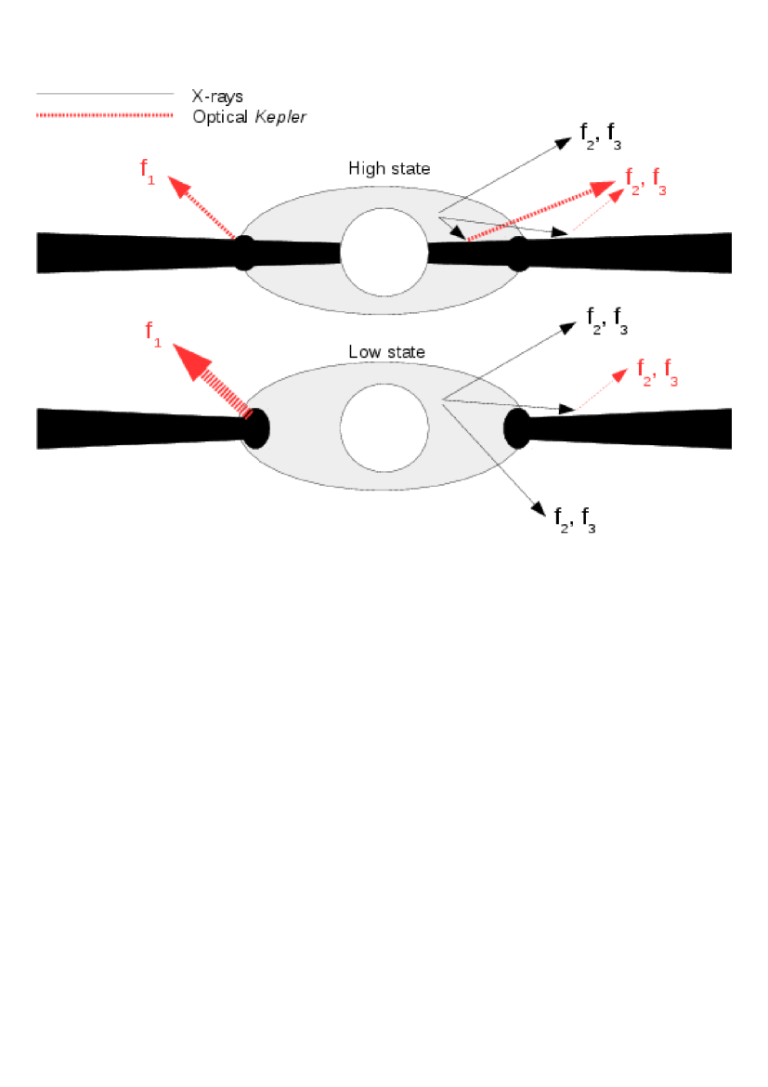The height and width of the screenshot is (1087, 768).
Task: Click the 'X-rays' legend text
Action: click(216, 95)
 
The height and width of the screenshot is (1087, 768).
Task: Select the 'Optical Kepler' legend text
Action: click(249, 116)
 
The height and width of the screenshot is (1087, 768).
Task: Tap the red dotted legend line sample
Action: click(104, 115)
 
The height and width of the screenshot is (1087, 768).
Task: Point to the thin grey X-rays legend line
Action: click(104, 94)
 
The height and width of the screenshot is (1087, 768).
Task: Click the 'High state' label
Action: click(389, 169)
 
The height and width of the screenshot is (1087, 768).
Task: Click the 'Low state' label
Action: click(386, 352)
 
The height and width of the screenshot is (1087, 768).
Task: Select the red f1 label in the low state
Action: click(153, 334)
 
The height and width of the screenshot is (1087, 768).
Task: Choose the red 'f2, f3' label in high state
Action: click(646, 179)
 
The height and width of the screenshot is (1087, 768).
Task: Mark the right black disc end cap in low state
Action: click(516, 429)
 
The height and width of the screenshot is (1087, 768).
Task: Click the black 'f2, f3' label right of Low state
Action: click(609, 321)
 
